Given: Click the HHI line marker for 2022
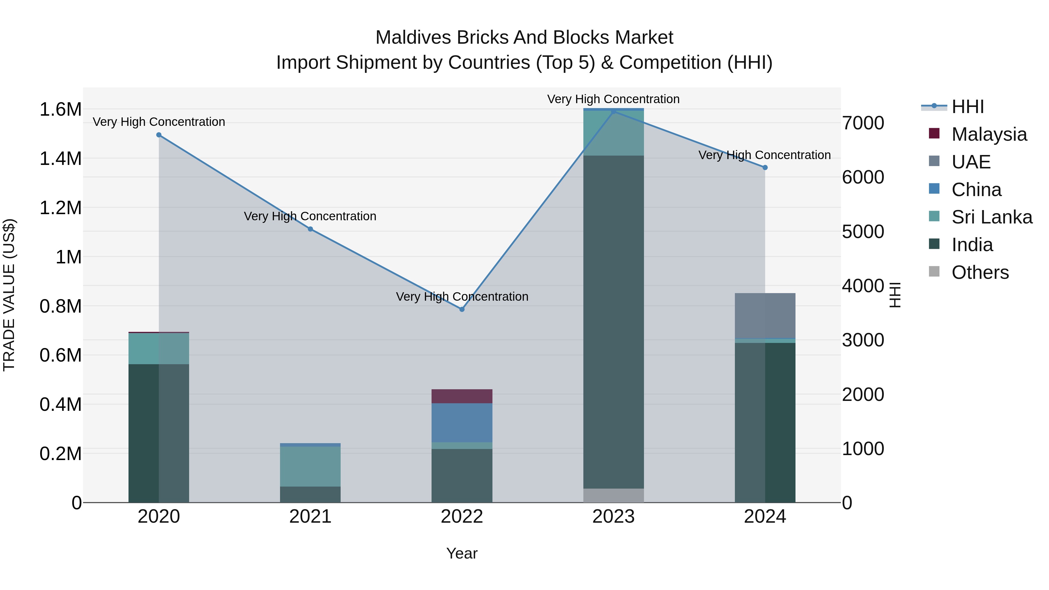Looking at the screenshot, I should tap(462, 309).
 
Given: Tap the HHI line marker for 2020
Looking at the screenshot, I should tap(159, 135).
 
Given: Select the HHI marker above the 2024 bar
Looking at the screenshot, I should tap(765, 167).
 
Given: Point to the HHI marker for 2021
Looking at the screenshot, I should tap(310, 229).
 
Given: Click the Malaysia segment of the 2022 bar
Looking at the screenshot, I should tap(462, 396).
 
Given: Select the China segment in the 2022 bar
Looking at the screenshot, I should tap(462, 423).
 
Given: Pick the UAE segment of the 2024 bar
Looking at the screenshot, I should tap(765, 316).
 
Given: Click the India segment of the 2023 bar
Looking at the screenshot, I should tap(613, 322).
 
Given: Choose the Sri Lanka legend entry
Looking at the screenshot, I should tap(991, 217).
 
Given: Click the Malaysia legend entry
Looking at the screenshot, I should tap(989, 134).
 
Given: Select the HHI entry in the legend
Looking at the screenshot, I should tap(967, 107).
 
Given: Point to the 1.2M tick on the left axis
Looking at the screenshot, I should tap(60, 208).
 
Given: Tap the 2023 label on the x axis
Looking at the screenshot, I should tap(613, 517).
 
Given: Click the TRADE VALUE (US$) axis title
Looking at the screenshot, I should tap(9, 295).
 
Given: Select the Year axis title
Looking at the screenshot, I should tap(462, 553).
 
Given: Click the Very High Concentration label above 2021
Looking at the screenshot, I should tap(310, 216).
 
